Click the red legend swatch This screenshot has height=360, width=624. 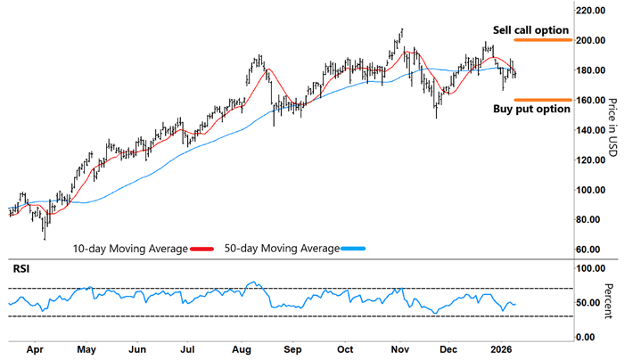coord(201,250)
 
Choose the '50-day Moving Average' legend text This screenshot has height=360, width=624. coord(282,250)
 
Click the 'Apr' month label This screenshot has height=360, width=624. coord(36,350)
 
